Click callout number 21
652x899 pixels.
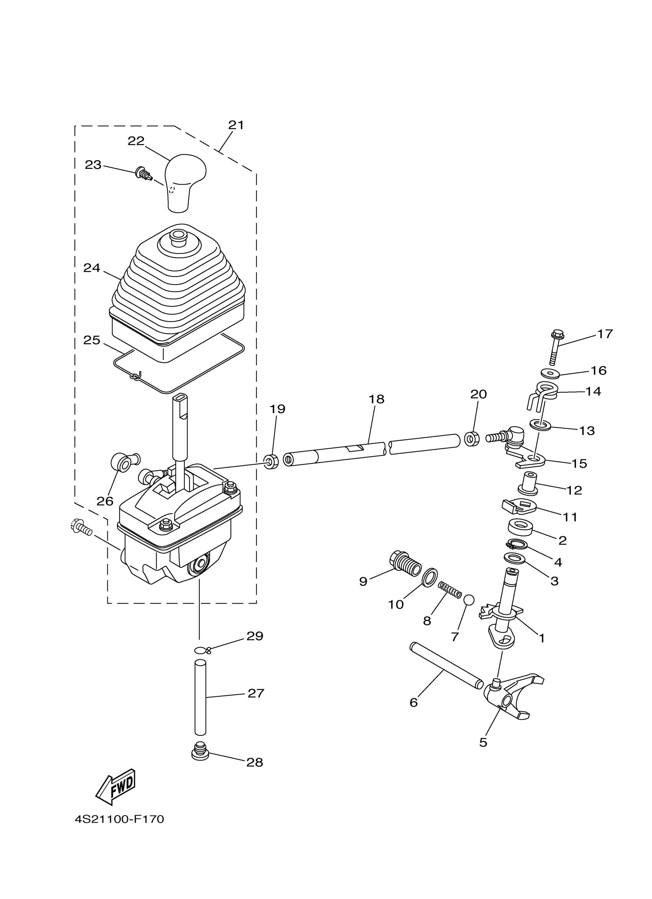coord(236,125)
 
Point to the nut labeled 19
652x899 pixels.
coord(271,462)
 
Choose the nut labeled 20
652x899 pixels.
coord(471,439)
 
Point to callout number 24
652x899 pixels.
coord(92,269)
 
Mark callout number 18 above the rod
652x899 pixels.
coord(376,399)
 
